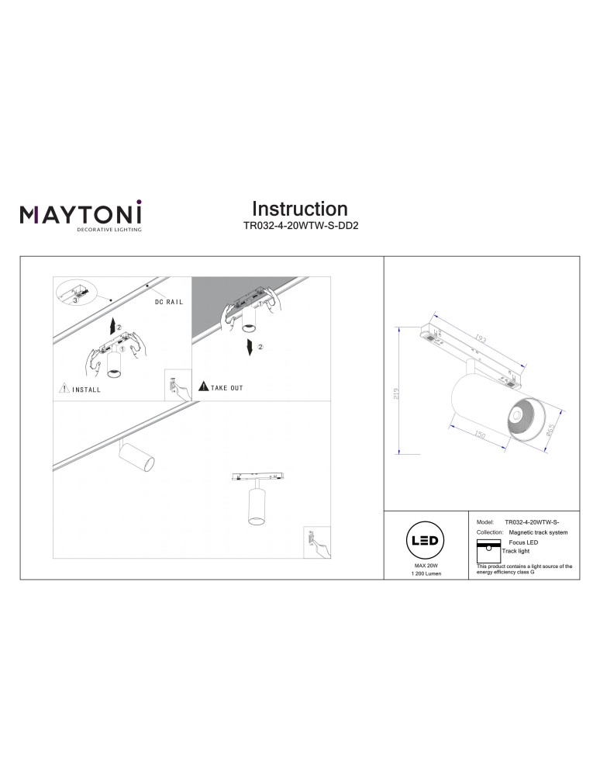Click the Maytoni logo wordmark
pyautogui.click(x=81, y=212)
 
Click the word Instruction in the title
pyautogui.click(x=300, y=209)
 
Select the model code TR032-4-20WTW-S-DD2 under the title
pyautogui.click(x=300, y=228)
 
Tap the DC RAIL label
pyautogui.click(x=168, y=301)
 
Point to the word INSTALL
pyautogui.click(x=86, y=390)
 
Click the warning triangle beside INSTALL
pyautogui.click(x=64, y=389)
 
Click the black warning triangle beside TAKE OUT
pyautogui.click(x=203, y=386)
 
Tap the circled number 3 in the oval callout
pyautogui.click(x=75, y=298)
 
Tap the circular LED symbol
pyautogui.click(x=425, y=540)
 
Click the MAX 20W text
pyautogui.click(x=425, y=567)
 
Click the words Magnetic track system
pyautogui.click(x=539, y=533)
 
